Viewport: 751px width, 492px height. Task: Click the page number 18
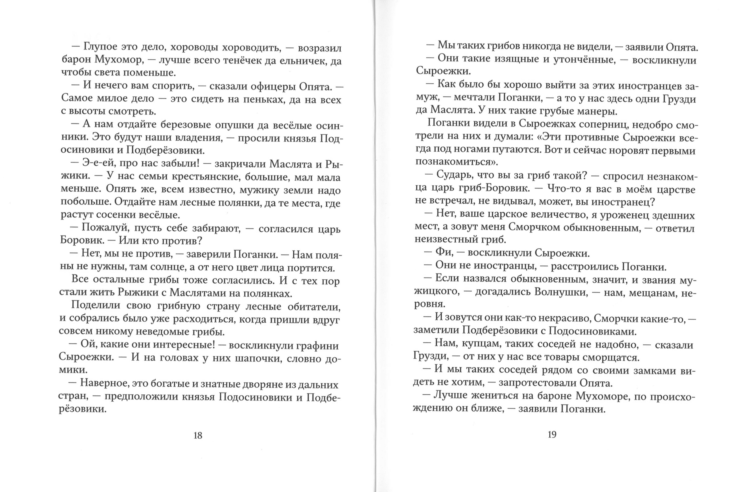(x=198, y=436)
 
